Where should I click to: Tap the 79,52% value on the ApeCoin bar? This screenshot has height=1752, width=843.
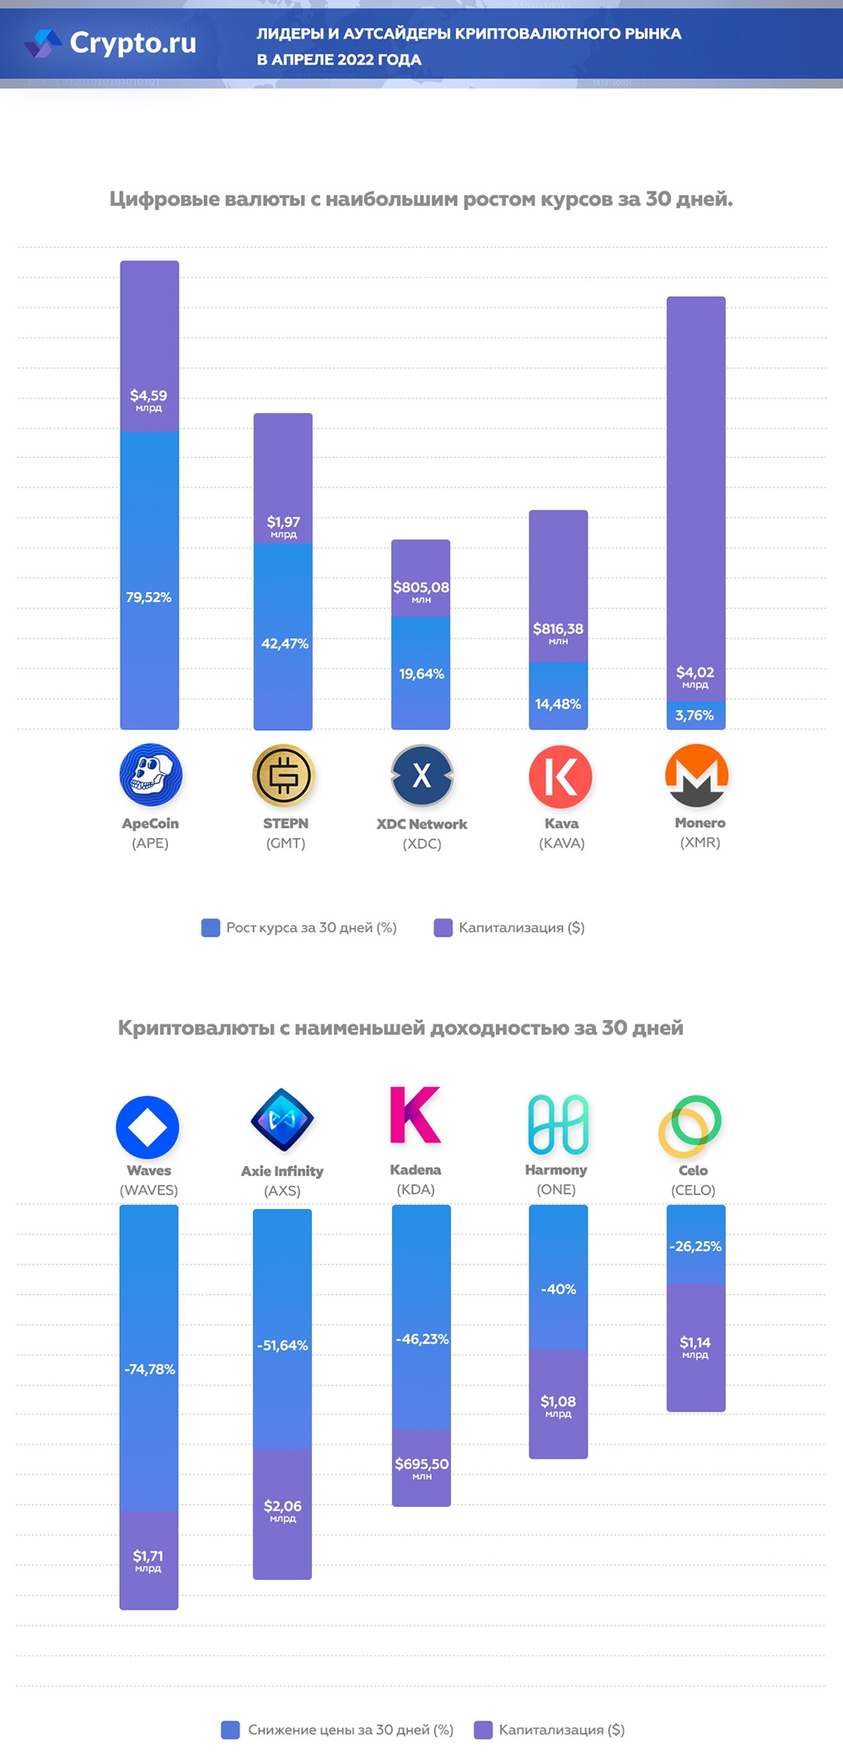148,597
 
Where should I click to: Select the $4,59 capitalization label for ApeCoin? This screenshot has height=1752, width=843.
148,396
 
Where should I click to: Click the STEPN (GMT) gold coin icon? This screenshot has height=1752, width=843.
283,775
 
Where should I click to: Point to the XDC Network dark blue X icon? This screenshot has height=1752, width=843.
421,775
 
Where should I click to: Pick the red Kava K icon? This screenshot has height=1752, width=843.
560,776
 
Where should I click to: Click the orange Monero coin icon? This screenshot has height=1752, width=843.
696,775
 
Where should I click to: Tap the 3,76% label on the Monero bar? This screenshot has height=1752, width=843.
695,715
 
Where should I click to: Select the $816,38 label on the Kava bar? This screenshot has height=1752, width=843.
558,629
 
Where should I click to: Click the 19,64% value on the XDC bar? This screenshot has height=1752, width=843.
421,674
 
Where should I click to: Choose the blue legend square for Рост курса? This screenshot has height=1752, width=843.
211,927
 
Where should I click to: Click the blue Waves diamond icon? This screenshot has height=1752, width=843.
148,1126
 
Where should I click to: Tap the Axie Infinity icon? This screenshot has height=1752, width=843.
282,1120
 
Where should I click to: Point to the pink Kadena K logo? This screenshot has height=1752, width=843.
415,1115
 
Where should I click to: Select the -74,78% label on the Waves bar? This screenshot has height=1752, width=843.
149,1369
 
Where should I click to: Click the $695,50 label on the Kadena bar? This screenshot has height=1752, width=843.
421,1464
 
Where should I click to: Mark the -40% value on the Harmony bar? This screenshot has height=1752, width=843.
558,1289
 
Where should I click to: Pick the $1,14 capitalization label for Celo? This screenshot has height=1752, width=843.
695,1342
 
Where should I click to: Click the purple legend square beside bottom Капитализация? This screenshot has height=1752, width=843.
483,1729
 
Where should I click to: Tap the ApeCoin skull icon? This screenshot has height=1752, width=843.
151,775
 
